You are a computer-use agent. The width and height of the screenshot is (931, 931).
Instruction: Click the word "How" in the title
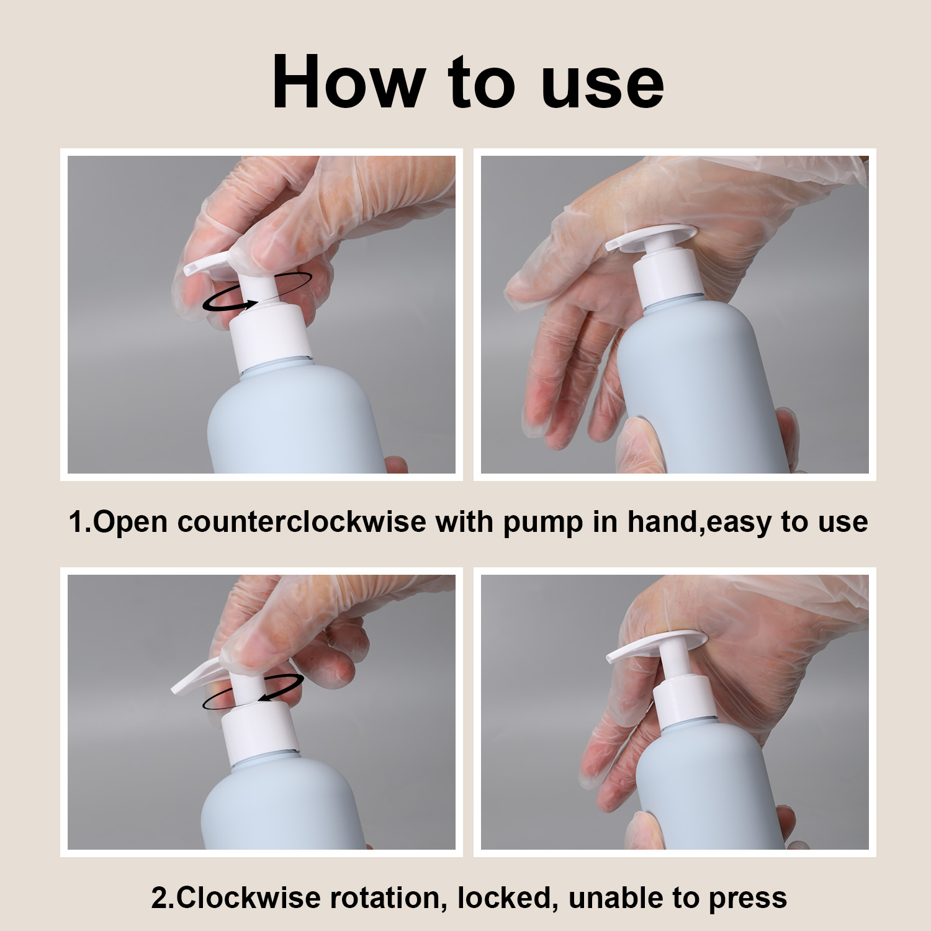click(348, 82)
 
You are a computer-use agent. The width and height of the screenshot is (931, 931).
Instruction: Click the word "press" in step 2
click(747, 900)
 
